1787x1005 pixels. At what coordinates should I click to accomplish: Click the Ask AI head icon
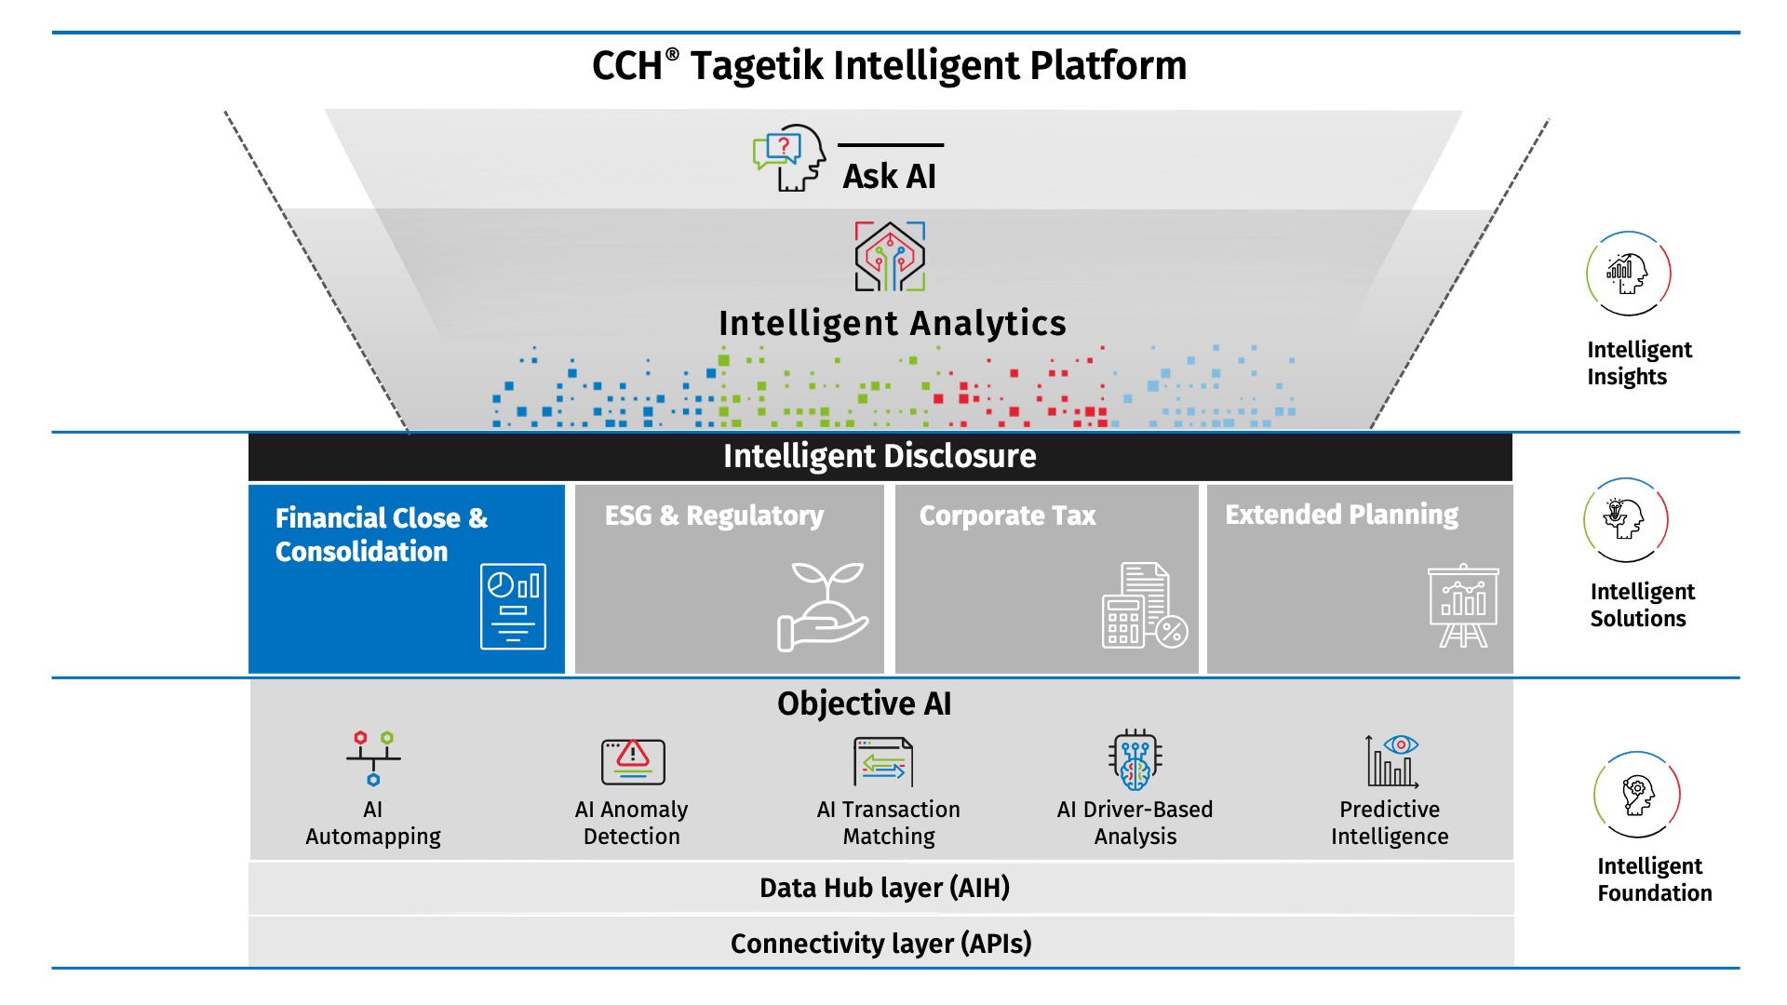point(790,158)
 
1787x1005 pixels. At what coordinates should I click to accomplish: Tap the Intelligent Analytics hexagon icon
point(890,256)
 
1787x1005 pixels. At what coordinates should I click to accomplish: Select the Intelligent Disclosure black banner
point(880,456)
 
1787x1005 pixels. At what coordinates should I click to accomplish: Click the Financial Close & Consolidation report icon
point(513,606)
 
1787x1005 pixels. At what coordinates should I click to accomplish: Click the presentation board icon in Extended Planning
point(1463,606)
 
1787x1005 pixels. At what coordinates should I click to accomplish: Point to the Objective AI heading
point(864,703)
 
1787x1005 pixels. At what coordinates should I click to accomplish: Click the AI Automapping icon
point(373,757)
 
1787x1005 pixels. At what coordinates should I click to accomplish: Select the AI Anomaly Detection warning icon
point(633,761)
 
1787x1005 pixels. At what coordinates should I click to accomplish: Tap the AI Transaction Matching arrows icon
point(883,762)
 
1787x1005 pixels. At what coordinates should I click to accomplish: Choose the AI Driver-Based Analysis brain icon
point(1135,759)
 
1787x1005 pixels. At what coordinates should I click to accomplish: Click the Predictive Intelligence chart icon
point(1392,761)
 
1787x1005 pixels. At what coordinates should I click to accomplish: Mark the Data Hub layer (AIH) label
point(884,888)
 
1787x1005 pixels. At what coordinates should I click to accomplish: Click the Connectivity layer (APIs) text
point(880,944)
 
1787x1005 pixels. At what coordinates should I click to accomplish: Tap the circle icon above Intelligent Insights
point(1628,274)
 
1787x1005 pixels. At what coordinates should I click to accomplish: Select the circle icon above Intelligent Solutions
point(1626,519)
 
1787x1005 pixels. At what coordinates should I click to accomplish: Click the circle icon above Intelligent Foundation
point(1637,795)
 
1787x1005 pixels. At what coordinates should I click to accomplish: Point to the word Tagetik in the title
point(757,66)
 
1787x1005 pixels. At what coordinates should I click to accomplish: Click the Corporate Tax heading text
point(1007,516)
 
